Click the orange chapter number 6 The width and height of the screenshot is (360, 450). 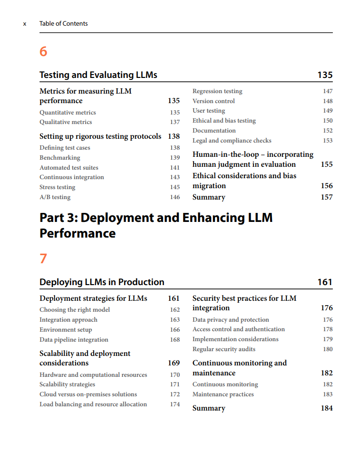pos(43,51)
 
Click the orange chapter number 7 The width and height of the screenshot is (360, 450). pos(43,259)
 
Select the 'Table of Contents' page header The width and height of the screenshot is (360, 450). pos(64,24)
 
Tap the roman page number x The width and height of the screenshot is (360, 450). pos(25,24)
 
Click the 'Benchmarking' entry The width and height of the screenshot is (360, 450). pos(60,158)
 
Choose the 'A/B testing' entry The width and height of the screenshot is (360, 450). pos(55,197)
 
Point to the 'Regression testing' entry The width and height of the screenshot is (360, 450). pos(217,91)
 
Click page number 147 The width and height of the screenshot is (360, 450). pos(328,91)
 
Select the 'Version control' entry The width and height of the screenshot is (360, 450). pos(214,101)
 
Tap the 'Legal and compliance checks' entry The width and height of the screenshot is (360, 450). pos(232,140)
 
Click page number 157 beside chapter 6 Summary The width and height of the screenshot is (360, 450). pos(327,197)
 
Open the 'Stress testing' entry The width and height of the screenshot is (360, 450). pos(58,187)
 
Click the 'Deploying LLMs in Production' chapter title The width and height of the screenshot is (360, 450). pos(102,282)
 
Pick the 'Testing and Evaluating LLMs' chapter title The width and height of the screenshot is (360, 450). pos(98,75)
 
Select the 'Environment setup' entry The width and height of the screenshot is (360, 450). pos(66,330)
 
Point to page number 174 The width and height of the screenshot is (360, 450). pos(175,404)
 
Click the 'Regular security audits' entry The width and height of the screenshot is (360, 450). pos(224,349)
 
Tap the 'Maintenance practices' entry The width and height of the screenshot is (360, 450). pos(223,394)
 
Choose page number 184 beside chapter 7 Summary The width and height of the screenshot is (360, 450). pos(327,408)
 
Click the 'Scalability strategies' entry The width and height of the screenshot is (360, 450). pos(67,384)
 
